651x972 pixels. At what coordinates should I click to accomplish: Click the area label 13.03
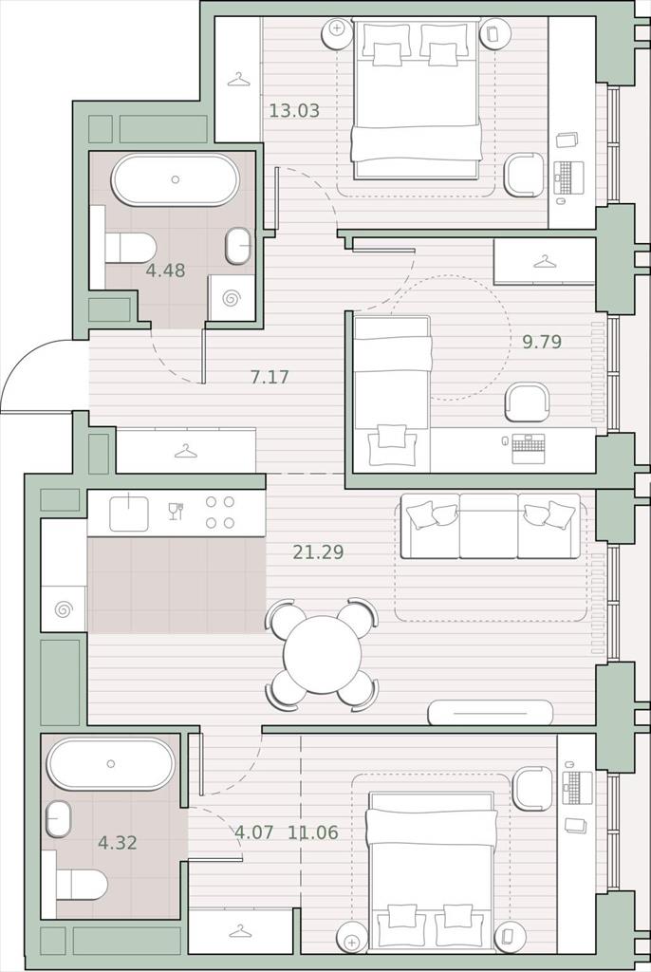[x=294, y=111]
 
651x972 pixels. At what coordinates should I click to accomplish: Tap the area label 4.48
[x=165, y=271]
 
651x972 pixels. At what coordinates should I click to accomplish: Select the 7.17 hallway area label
[x=270, y=376]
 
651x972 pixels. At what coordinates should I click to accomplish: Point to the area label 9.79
[x=542, y=342]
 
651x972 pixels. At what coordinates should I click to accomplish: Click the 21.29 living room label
[x=318, y=551]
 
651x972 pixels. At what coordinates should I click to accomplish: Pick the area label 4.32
[x=117, y=843]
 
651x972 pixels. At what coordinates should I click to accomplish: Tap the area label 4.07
[x=253, y=832]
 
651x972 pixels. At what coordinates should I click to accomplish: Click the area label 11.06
[x=313, y=832]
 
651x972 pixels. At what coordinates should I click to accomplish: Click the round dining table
[x=323, y=654]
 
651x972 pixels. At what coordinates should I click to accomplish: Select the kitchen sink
[x=129, y=514]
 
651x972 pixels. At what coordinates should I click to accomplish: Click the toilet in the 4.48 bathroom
[x=130, y=248]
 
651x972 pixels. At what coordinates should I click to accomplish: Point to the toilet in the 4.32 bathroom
[x=82, y=885]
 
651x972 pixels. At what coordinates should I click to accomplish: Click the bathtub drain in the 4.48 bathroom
[x=176, y=179]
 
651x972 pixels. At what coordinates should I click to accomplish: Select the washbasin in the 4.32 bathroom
[x=58, y=819]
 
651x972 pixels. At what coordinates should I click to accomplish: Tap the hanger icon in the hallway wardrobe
[x=185, y=451]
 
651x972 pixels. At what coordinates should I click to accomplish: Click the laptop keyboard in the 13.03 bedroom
[x=569, y=176]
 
